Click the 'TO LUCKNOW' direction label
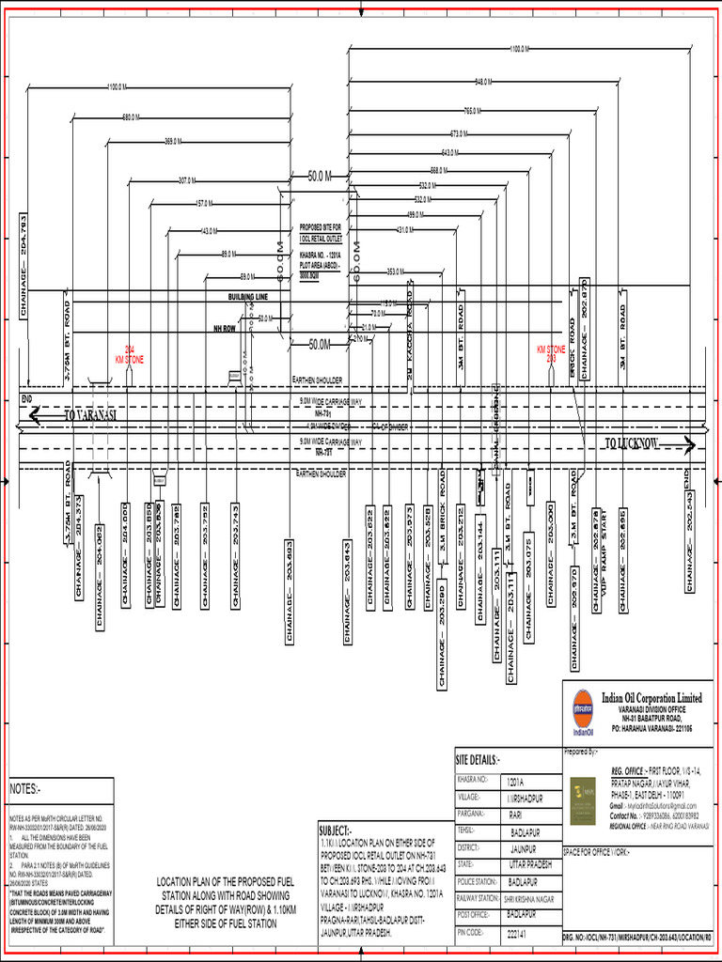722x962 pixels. coord(632,443)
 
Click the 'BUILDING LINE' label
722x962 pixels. coord(248,297)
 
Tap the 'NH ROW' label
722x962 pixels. coord(223,329)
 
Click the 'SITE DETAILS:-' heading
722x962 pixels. coord(479,759)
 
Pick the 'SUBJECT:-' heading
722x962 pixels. coord(336,830)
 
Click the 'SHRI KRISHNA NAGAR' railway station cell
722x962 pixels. coord(532,898)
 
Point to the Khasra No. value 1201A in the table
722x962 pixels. coord(516,781)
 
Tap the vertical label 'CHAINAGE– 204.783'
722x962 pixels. coord(24,268)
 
